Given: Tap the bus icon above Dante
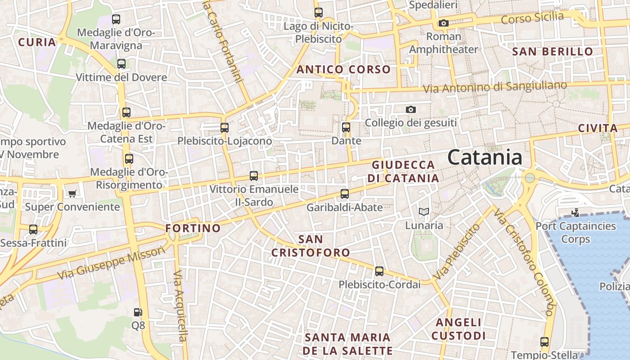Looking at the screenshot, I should click(x=346, y=127).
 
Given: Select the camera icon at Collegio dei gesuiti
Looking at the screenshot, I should click(x=410, y=109).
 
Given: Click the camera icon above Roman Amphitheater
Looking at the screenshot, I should click(x=443, y=23).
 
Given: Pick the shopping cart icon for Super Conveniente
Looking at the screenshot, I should click(x=72, y=194).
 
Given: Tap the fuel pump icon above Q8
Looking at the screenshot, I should click(x=138, y=312).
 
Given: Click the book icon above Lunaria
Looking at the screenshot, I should click(x=423, y=211).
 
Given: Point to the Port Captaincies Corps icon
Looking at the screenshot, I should click(x=575, y=212).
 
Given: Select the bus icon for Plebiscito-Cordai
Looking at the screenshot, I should click(x=379, y=271).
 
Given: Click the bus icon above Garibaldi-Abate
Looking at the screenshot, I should click(x=344, y=194).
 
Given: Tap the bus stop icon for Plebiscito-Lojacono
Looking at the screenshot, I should click(x=225, y=128).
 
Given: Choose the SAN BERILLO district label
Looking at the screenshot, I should click(x=553, y=52).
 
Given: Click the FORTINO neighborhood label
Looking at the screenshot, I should click(x=193, y=228).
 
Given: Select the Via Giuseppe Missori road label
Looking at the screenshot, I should click(x=112, y=263).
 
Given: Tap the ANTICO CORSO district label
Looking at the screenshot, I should click(x=343, y=69).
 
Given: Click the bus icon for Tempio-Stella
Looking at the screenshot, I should click(x=544, y=342).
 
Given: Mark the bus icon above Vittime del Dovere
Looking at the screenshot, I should click(x=121, y=64).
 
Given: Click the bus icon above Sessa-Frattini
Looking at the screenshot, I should click(x=33, y=229).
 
